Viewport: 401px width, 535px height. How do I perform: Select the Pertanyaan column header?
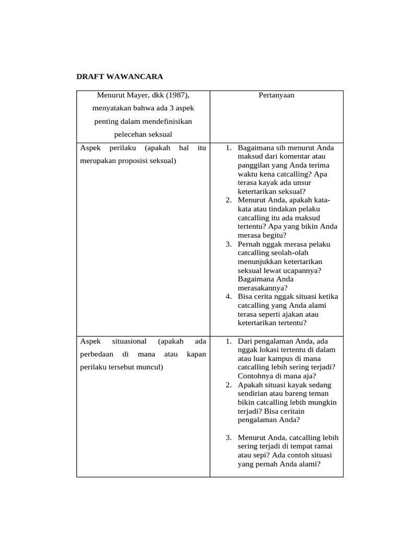point(276,95)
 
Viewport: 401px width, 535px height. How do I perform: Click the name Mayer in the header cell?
point(136,95)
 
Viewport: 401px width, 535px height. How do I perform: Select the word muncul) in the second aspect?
point(150,367)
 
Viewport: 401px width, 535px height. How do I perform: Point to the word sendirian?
point(256,393)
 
